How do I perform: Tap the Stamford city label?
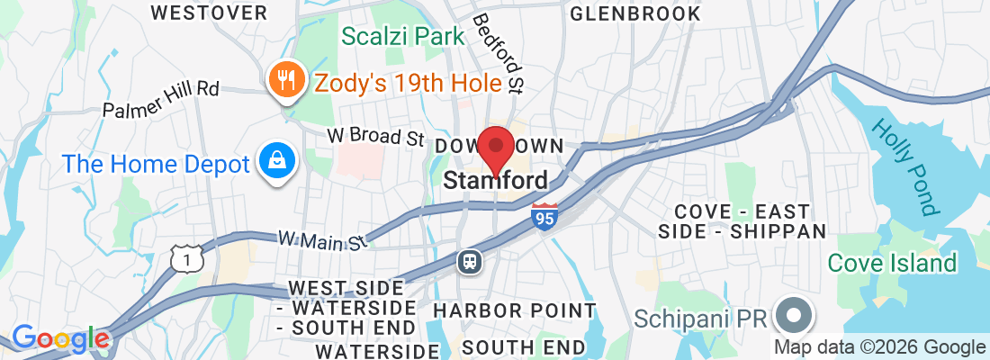pyautogui.click(x=495, y=181)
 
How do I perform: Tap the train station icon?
pyautogui.click(x=470, y=261)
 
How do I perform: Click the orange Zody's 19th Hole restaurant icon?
pyautogui.click(x=287, y=80)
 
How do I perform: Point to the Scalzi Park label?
pyautogui.click(x=403, y=37)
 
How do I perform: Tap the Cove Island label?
pyautogui.click(x=892, y=263)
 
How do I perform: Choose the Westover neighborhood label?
pyautogui.click(x=209, y=13)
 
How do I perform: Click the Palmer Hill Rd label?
pyautogui.click(x=161, y=99)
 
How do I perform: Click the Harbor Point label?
pyautogui.click(x=514, y=310)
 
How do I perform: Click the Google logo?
pyautogui.click(x=60, y=339)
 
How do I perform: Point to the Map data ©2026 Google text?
pyautogui.click(x=880, y=347)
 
